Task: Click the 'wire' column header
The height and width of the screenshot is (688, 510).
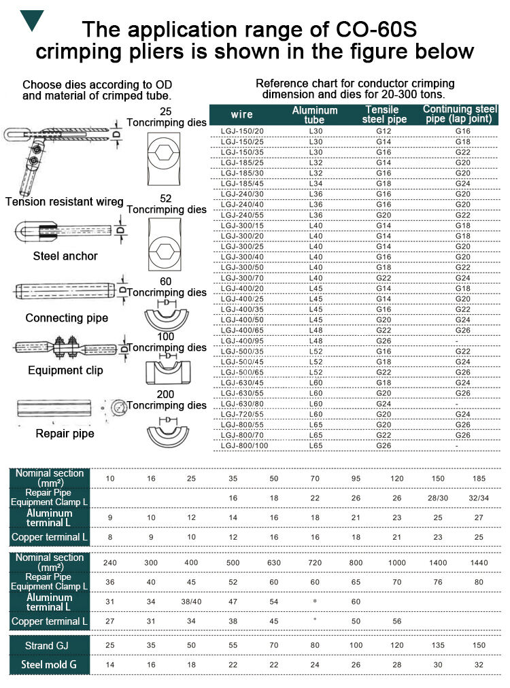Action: point(242,114)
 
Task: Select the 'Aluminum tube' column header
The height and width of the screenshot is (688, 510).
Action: point(314,114)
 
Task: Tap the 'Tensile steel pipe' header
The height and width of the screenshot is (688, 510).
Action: point(382,114)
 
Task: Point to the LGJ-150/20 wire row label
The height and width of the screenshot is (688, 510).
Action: point(242,131)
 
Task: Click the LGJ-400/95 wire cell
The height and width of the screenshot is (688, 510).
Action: point(242,340)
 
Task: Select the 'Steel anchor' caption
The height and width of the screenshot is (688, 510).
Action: point(65,256)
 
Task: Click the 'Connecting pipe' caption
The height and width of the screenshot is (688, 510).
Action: point(67,318)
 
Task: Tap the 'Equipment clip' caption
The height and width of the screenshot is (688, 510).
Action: point(65,371)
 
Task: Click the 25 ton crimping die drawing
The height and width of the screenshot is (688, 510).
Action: point(163,153)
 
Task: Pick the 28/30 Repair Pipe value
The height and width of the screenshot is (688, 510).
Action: point(438,498)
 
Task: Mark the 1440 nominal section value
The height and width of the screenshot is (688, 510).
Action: point(479,563)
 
